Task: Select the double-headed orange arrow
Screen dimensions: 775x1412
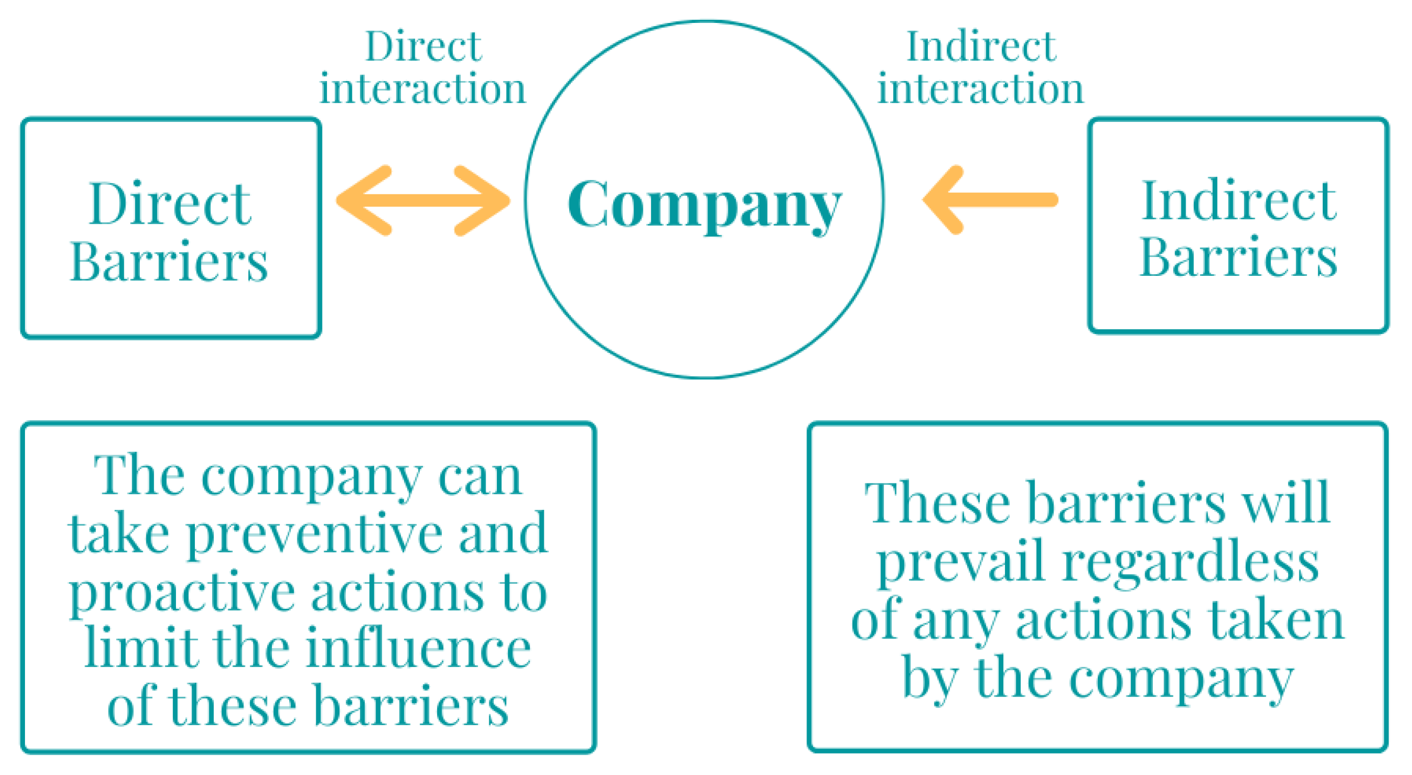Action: tap(423, 200)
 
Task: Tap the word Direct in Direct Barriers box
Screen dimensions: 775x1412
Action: tap(170, 204)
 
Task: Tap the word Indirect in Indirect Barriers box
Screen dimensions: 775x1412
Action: tap(1239, 201)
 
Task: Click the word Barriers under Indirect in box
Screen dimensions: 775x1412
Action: tap(1239, 257)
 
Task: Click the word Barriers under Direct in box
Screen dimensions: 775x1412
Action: tap(169, 263)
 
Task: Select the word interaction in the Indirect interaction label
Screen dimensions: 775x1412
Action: tap(980, 89)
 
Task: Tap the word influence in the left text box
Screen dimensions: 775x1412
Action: tap(418, 649)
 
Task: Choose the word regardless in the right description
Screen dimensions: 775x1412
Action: tap(1191, 564)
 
